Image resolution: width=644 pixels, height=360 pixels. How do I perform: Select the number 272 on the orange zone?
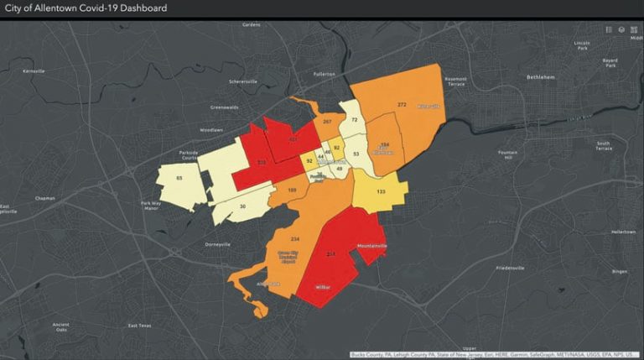(402, 105)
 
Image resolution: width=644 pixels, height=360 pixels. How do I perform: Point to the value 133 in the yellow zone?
(381, 192)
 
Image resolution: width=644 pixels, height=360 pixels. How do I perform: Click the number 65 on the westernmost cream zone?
(179, 178)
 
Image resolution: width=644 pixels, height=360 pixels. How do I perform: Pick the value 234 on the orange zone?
(294, 238)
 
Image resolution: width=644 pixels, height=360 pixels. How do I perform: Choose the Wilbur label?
(323, 286)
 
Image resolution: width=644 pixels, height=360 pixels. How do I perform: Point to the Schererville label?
(244, 81)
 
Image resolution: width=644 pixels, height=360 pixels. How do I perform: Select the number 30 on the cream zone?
(243, 206)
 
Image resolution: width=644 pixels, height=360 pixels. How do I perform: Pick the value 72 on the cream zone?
(355, 120)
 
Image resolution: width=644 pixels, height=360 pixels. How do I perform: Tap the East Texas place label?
(141, 326)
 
